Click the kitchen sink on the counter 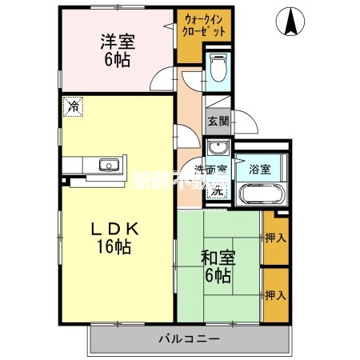pos(108,166)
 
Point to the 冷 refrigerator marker pos(74,106)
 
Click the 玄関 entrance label pos(218,122)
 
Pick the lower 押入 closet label pos(275,294)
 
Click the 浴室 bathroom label pos(259,169)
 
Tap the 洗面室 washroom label pos(210,170)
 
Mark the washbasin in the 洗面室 pos(216,149)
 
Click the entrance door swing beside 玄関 pos(246,124)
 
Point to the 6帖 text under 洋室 pos(118,59)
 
